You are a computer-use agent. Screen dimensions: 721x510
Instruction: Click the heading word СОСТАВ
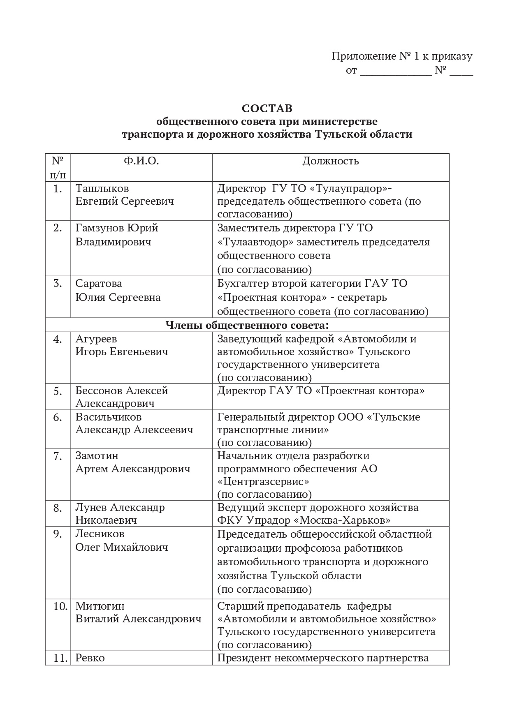tap(267, 109)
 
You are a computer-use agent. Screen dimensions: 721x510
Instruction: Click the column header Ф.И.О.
tap(141, 161)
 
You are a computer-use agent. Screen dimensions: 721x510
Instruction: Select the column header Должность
tap(331, 161)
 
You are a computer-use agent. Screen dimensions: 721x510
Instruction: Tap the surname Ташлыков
tap(102, 188)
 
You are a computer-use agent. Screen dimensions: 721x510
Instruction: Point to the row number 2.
tap(58, 228)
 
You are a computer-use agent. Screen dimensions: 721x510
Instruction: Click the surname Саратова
tap(99, 284)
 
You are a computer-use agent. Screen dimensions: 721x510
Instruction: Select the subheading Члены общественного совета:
tap(247, 325)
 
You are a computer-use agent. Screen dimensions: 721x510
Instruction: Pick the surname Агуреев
tap(96, 339)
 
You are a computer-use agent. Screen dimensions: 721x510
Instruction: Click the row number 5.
tap(58, 391)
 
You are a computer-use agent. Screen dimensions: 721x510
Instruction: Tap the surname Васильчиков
tap(108, 417)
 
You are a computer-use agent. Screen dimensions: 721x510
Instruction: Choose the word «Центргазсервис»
tap(263, 481)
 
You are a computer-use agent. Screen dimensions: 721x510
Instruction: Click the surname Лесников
tap(100, 534)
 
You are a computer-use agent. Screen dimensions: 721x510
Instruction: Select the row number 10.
tap(60, 606)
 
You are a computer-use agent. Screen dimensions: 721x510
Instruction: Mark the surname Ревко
tap(90, 658)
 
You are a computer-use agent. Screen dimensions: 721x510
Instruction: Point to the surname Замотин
tap(97, 456)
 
